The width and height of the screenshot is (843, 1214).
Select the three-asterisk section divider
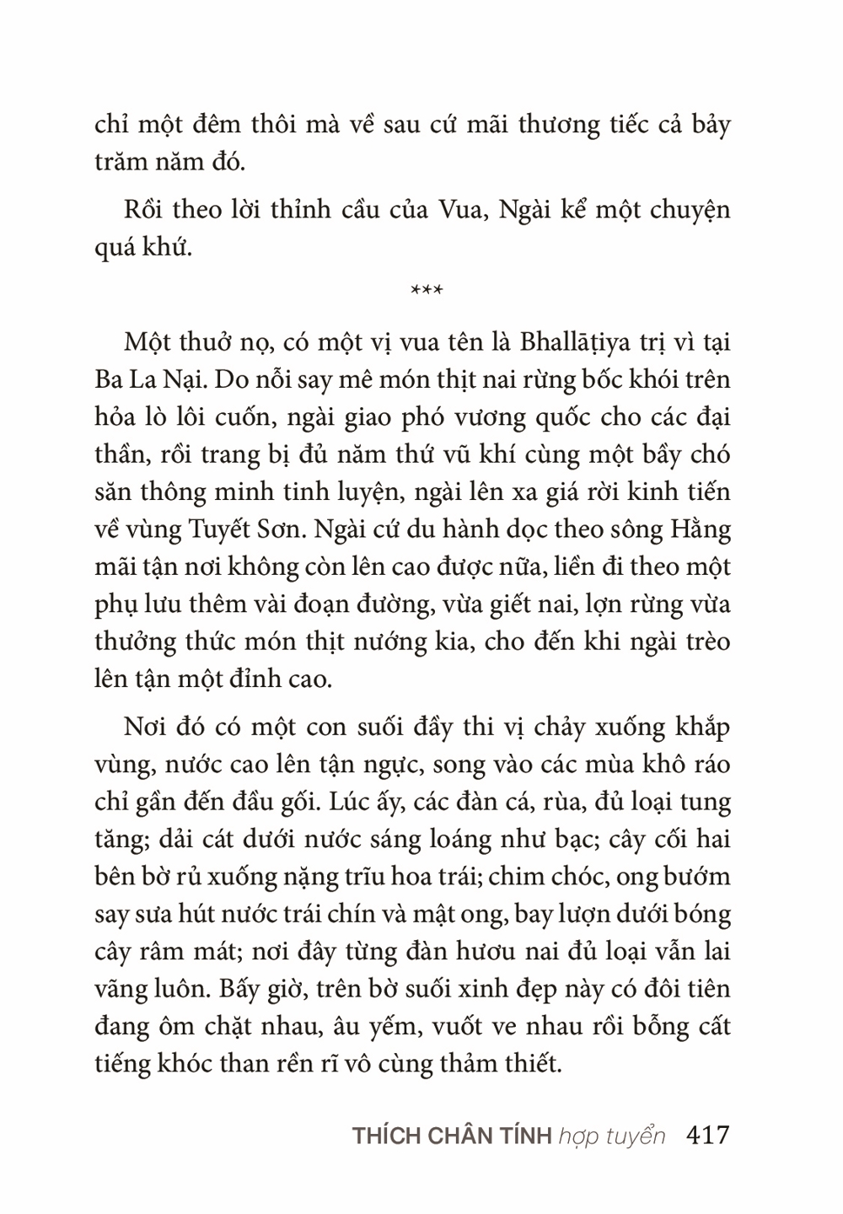coord(427,292)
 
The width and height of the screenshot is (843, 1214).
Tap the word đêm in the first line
coord(214,125)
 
